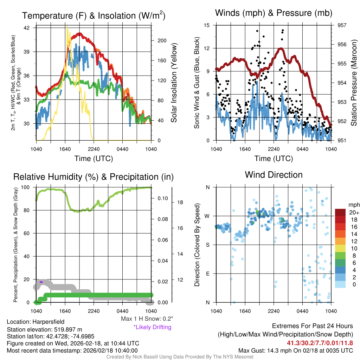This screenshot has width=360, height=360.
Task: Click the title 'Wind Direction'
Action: [274, 175]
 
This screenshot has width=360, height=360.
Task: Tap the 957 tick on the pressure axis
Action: [342, 25]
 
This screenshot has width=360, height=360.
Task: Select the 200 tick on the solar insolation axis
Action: [162, 41]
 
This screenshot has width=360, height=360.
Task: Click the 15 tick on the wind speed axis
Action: [207, 25]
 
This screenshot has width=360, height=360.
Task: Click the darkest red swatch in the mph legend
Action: [340, 212]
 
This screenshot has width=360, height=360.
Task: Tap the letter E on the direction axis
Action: [207, 274]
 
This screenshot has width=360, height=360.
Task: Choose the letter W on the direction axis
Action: [207, 216]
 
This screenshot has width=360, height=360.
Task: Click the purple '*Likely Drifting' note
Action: [152, 327]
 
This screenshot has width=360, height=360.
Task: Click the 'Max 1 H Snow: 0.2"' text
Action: [147, 319]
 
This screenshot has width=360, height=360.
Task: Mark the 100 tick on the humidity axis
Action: [28, 187]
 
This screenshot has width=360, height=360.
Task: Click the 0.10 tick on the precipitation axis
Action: [162, 198]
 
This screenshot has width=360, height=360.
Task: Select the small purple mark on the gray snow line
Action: [41, 282]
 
